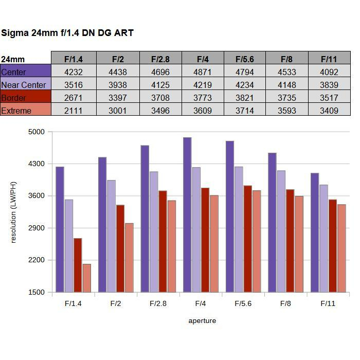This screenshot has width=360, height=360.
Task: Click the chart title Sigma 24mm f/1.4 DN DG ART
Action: coord(67,33)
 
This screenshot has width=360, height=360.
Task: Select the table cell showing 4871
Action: coord(203,72)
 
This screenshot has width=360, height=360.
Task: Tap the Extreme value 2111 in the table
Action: coord(74,111)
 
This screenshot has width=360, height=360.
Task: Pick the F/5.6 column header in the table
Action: coord(245,59)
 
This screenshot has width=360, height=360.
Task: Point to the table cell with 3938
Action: coord(118,85)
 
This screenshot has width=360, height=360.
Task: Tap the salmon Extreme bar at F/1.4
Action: coord(86,278)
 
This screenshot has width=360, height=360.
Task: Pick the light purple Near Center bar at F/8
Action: coord(281,231)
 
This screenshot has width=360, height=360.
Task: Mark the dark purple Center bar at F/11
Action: coord(315,232)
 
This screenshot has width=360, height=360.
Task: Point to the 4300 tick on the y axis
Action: coord(38,164)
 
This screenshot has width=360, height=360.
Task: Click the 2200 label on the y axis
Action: coord(38,260)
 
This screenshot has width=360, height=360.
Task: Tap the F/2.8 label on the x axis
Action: coord(158,303)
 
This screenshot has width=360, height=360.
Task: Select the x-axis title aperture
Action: coord(202,321)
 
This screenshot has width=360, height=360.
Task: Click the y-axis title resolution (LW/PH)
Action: coord(13,212)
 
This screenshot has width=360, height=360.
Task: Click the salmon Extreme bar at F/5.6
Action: coord(257,241)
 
